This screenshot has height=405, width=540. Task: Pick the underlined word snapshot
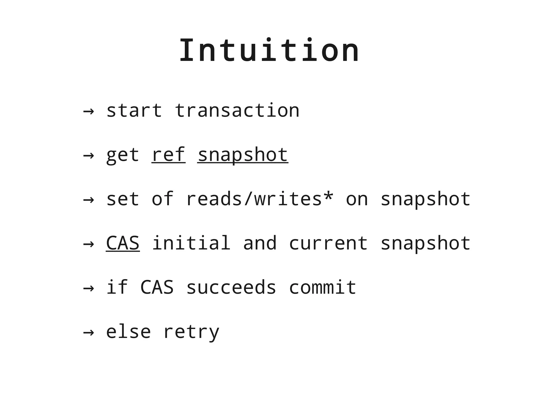pyautogui.click(x=243, y=155)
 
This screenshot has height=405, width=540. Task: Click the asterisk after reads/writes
pyautogui.click(x=328, y=197)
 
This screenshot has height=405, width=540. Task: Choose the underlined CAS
pyautogui.click(x=123, y=243)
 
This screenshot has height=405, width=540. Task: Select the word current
pyautogui.click(x=328, y=243)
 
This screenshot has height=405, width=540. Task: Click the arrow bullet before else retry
pyautogui.click(x=89, y=332)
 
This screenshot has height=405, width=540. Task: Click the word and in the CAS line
pyautogui.click(x=260, y=243)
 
